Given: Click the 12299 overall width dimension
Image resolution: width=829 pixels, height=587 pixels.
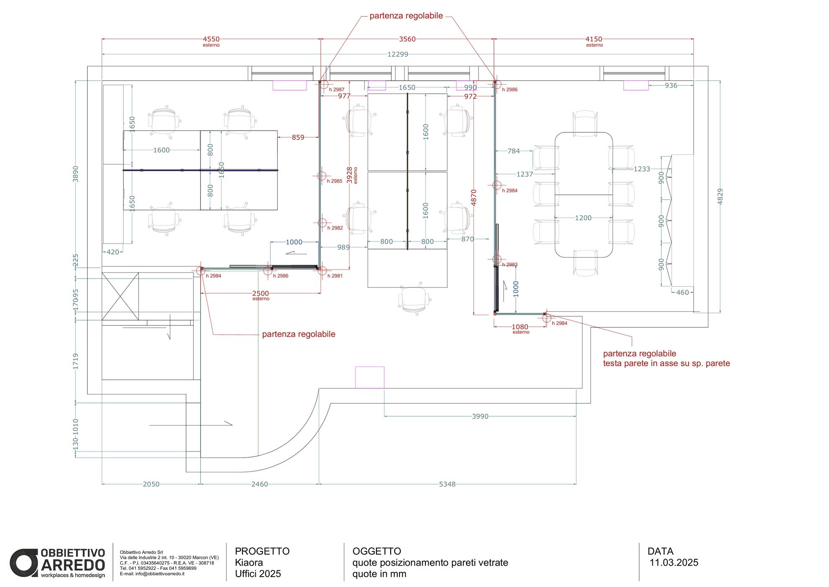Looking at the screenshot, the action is [397, 54].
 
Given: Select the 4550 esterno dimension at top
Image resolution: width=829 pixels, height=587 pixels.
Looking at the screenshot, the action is [211, 41].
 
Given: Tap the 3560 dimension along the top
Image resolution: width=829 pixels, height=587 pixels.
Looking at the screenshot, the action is [407, 39].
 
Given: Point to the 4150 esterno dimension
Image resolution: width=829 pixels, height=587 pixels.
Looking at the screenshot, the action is [594, 41].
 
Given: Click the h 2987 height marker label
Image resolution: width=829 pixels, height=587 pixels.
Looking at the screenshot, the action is [337, 90].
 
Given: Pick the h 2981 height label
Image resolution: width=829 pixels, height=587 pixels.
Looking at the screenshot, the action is [335, 276].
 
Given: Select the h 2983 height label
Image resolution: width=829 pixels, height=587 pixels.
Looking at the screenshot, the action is [510, 264].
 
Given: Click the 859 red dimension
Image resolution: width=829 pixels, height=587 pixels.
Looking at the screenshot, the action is [298, 137].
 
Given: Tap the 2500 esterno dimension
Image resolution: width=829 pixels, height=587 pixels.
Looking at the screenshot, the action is [260, 295].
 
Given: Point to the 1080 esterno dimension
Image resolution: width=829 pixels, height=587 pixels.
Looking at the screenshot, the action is [520, 329].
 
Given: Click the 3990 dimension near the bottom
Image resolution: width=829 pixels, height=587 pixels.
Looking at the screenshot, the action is [480, 416].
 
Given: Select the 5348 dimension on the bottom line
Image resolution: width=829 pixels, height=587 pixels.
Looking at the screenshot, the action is [447, 484].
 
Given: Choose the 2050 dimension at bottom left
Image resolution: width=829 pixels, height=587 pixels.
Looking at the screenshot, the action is [151, 484].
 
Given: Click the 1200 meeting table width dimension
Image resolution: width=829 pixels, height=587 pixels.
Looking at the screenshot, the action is [583, 218].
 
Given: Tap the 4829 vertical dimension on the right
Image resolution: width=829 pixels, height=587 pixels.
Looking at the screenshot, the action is [720, 196].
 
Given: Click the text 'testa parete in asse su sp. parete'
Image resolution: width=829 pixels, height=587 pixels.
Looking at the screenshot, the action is [666, 363].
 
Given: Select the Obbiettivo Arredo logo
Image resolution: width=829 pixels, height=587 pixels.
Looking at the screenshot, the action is [57, 563].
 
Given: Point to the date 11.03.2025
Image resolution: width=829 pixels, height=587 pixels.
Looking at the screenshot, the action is [674, 562].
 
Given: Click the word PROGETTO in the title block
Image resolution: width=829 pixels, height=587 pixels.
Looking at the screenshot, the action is [262, 551].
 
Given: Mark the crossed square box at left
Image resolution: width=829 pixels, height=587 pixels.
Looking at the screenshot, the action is [120, 297].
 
